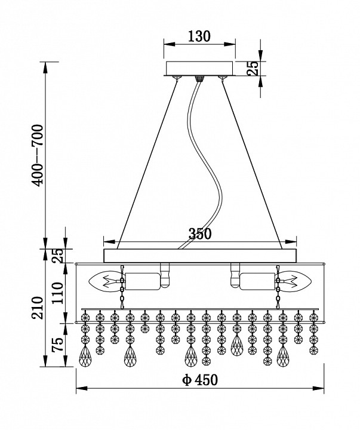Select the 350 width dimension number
coord(200,234)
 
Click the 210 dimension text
coord(38,308)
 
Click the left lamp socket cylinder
coord(142,280)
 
